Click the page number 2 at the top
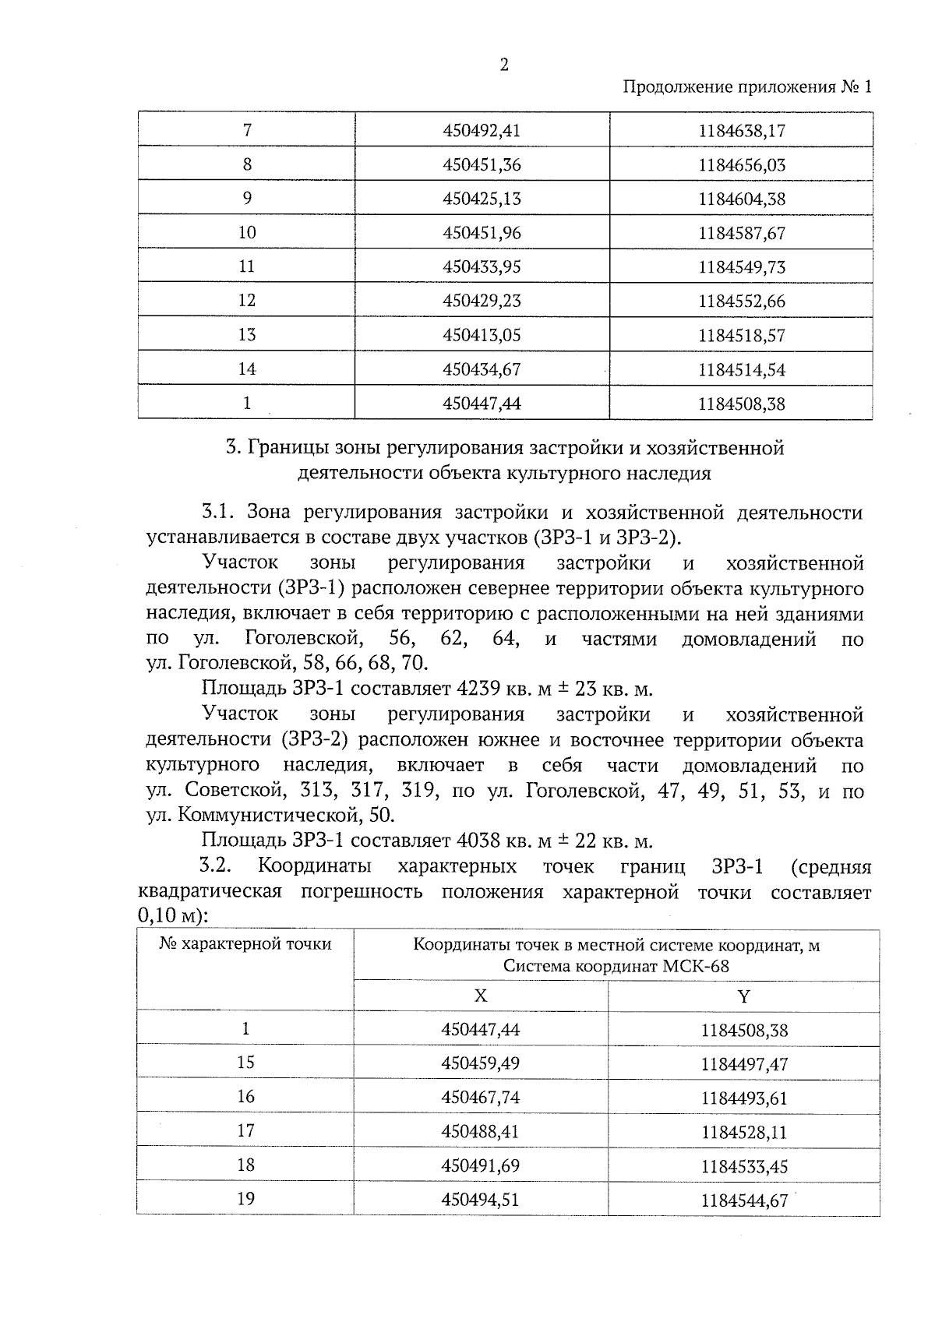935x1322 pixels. pyautogui.click(x=503, y=65)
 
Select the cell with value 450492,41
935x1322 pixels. pyautogui.click(x=481, y=131)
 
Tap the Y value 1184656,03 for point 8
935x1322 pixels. pyautogui.click(x=742, y=165)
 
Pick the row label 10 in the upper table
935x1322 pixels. pyautogui.click(x=247, y=233)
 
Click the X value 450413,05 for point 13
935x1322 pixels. pyautogui.click(x=481, y=335)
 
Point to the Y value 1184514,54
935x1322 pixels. pyautogui.click(x=742, y=369)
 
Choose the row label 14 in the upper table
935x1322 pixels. pyautogui.click(x=247, y=369)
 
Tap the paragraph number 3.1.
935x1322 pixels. pyautogui.click(x=218, y=513)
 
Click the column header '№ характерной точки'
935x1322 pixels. pyautogui.click(x=245, y=944)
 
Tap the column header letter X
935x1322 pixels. pyautogui.click(x=481, y=996)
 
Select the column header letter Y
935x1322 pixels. pyautogui.click(x=743, y=996)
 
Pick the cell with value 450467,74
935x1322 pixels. pyautogui.click(x=480, y=1098)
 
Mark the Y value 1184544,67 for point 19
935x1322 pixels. pyautogui.click(x=744, y=1200)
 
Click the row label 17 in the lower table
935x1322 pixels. pyautogui.click(x=245, y=1131)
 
